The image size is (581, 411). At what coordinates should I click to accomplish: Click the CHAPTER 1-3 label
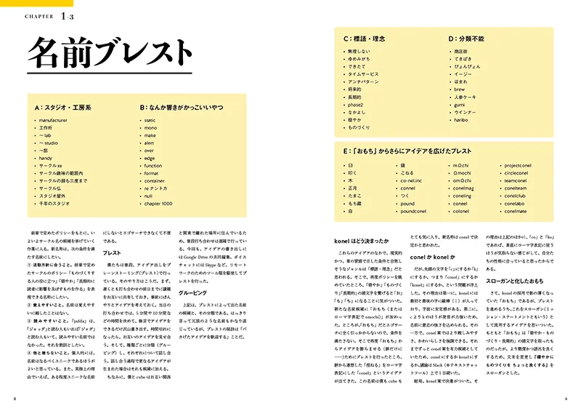(x=48, y=15)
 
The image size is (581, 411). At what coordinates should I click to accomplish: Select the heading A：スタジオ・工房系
(x=62, y=108)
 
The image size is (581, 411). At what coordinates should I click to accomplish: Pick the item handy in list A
(x=46, y=158)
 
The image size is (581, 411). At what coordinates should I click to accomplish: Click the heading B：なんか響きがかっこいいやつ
(x=182, y=108)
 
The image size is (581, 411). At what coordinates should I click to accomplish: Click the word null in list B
(x=149, y=195)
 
